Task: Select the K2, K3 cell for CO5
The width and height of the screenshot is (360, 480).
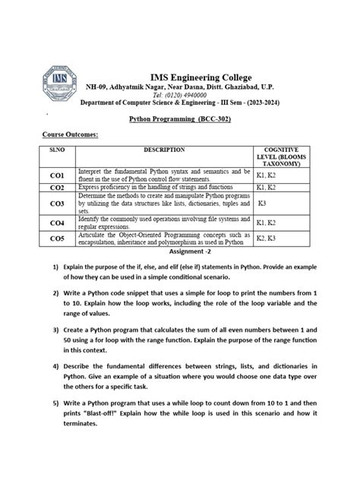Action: [x=266, y=238]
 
